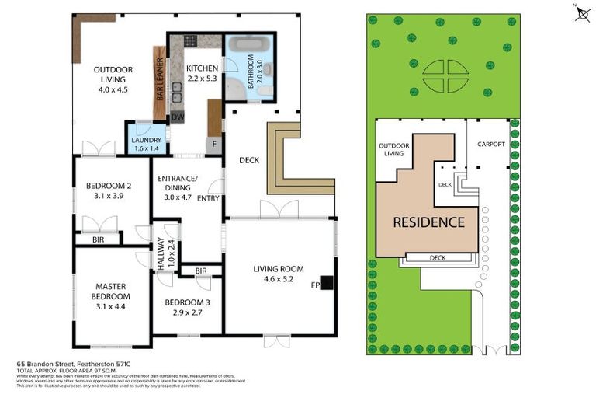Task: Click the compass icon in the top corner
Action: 582,13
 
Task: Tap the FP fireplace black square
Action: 326,283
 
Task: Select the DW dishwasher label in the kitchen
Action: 178,117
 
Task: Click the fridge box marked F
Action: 214,144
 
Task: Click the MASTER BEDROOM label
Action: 111,291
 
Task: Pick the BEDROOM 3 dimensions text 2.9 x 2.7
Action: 188,312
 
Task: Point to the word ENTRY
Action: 209,198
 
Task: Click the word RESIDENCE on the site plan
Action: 428,222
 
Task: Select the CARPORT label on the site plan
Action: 491,144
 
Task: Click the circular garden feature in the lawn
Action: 445,76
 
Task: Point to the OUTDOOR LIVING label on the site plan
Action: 394,149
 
